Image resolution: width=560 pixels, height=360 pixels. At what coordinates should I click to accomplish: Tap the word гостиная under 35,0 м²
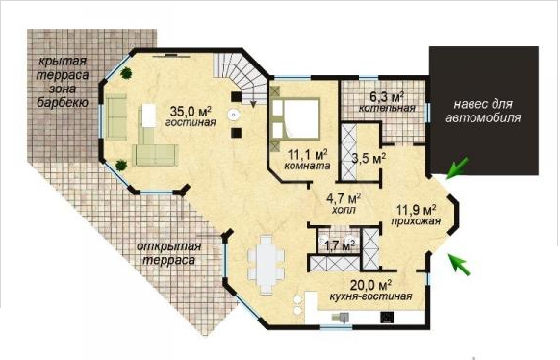point(191,122)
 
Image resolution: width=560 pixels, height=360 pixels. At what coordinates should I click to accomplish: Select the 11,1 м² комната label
point(308,160)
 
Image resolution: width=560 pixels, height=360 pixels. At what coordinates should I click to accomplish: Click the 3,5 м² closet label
point(369,158)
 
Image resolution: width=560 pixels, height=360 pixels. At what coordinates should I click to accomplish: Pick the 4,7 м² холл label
point(344,203)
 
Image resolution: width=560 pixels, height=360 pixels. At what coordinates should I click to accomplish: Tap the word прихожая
point(416,221)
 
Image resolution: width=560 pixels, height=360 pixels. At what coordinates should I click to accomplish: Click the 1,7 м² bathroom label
point(340,245)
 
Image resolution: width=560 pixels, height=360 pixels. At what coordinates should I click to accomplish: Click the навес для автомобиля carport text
point(483,111)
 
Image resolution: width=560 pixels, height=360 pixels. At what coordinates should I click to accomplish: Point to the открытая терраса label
point(169,253)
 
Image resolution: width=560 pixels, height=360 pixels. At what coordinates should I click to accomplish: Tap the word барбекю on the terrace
point(63,103)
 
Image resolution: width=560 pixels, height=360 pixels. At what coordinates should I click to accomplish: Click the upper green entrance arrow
point(457,167)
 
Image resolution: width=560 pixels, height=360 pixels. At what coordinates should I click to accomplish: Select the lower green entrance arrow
point(460,265)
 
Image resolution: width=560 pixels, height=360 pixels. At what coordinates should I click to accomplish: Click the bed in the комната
point(295,119)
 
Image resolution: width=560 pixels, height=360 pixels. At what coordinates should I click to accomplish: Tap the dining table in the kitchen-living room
point(267,265)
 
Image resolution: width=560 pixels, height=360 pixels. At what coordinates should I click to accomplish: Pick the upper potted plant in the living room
point(126,73)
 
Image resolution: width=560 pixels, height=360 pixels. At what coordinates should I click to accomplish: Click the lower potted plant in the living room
point(121,165)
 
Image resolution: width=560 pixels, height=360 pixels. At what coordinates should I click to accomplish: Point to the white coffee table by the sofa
point(149,115)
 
